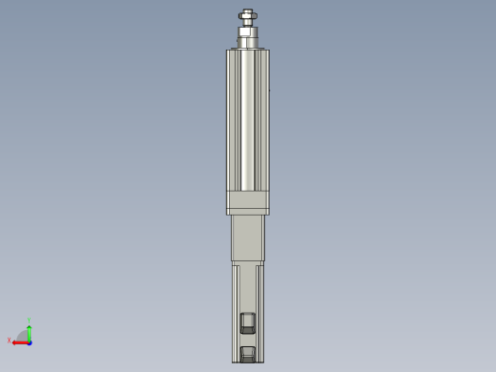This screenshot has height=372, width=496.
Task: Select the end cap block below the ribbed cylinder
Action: tap(247, 202)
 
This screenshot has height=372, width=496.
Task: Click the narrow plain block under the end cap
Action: tap(247, 238)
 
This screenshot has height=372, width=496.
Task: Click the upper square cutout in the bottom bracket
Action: tap(248, 321)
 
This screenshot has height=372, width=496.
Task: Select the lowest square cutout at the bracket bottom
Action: tap(248, 354)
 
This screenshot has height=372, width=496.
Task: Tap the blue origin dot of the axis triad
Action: tap(30, 341)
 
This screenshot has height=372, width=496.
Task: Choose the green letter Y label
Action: tap(30, 320)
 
